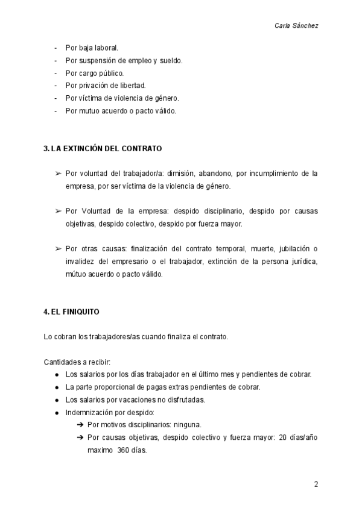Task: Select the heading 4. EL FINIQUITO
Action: coord(72,312)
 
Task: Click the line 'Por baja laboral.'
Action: coord(92,48)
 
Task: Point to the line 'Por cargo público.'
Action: coord(94,73)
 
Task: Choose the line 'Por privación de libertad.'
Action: coord(106,86)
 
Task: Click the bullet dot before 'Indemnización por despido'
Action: coord(57,413)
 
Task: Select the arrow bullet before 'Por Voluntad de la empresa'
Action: coord(59,212)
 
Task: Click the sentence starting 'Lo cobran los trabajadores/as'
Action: coord(136,337)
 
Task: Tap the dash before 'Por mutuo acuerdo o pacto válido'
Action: coord(56,111)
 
